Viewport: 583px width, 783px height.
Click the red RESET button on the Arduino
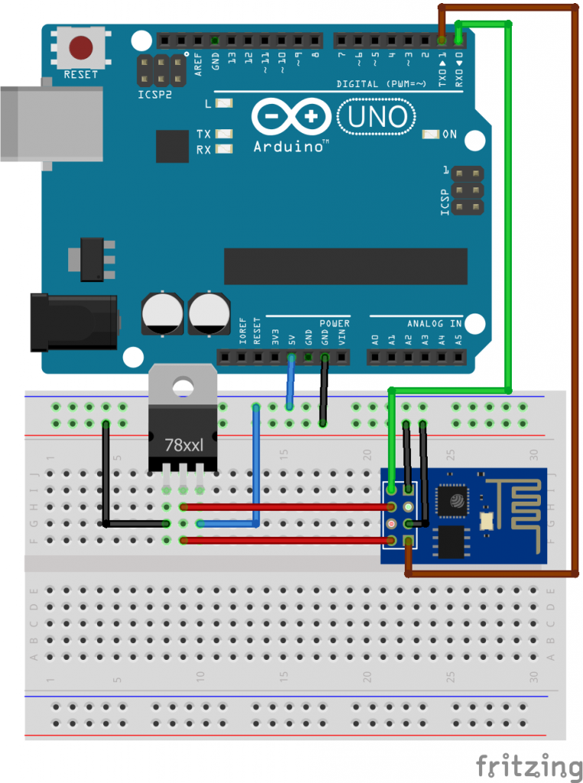point(81,48)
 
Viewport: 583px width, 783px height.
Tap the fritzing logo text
point(529,765)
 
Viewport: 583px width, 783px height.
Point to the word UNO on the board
point(377,117)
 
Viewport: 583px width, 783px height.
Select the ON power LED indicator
point(430,135)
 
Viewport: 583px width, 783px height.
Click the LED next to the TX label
point(224,134)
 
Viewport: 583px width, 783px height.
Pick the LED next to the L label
point(224,103)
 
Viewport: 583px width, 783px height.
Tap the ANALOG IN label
point(434,323)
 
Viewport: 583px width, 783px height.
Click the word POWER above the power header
point(334,323)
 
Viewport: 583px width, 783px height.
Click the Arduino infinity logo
point(290,117)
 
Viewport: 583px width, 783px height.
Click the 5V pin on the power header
point(291,357)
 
